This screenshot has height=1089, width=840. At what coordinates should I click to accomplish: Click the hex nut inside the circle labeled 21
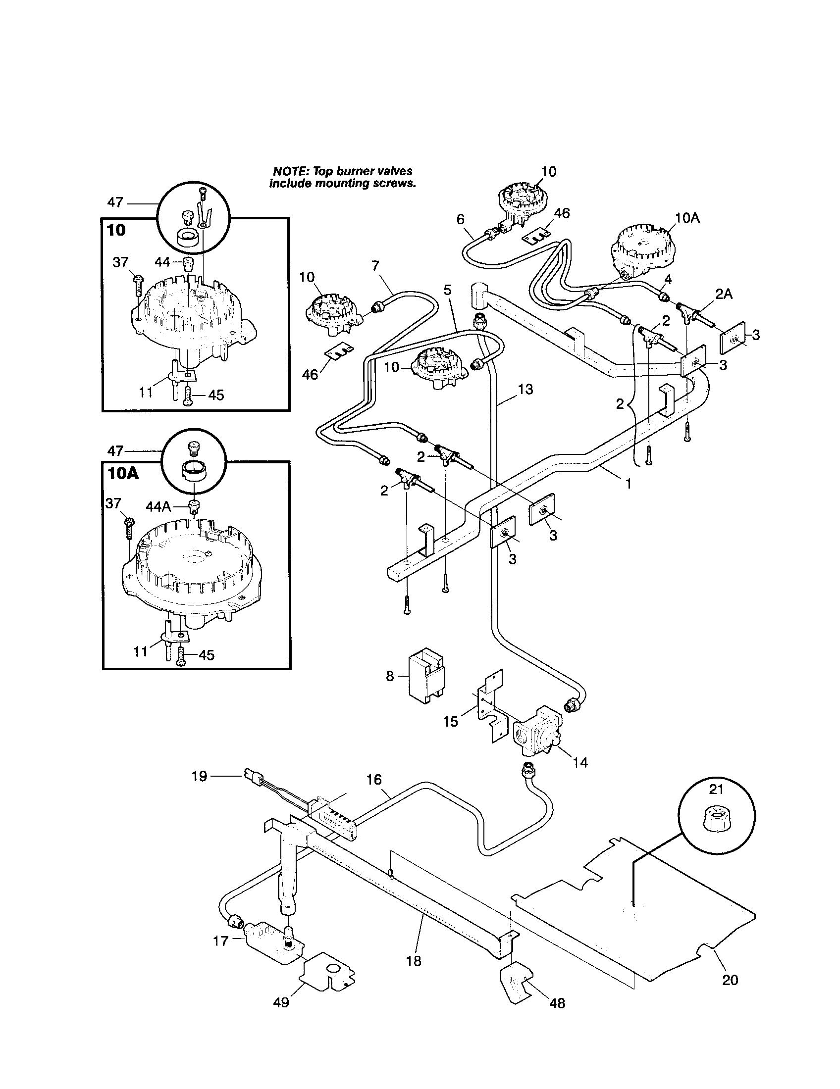coord(717,820)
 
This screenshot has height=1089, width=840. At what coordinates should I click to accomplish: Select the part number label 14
coord(580,762)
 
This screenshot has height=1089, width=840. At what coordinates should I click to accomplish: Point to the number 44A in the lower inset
coord(158,507)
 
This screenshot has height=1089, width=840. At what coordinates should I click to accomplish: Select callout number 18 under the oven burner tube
coord(414,961)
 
